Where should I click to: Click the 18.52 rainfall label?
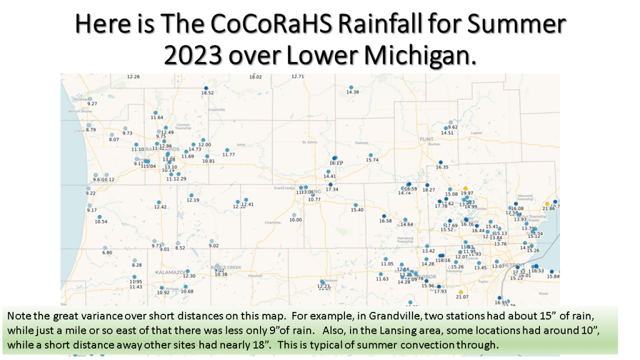[207, 93]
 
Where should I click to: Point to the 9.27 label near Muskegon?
[92, 104]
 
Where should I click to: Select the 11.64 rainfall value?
[157, 117]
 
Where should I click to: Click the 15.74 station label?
[372, 160]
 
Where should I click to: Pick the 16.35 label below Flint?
[442, 167]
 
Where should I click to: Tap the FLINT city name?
[427, 139]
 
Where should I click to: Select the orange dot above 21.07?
[461, 292]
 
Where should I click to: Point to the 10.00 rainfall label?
[295, 220]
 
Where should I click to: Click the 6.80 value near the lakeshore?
[107, 253]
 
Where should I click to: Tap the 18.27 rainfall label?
[429, 190]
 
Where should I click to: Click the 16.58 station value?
[385, 221]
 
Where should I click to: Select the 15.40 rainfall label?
[357, 210]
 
